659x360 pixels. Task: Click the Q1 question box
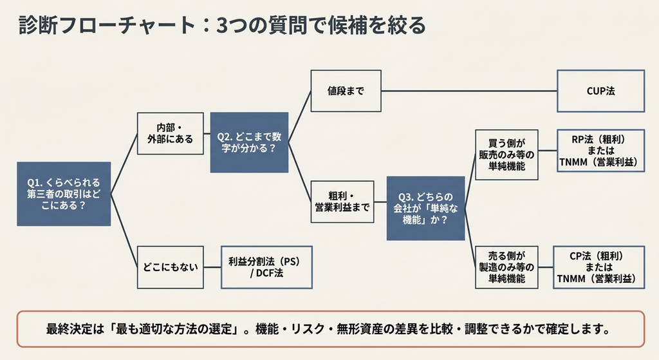[64, 194]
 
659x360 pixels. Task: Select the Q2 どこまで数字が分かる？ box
[249, 142]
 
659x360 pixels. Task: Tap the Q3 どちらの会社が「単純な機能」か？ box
[426, 208]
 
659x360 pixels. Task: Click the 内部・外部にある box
[170, 133]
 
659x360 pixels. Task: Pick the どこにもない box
[170, 267]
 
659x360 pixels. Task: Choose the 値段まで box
[346, 91]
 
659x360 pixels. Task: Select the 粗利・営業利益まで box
[342, 202]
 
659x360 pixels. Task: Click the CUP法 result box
[600, 91]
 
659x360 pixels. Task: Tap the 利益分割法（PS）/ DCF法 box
[266, 267]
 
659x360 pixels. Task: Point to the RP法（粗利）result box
[600, 151]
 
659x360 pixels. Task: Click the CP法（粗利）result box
[599, 267]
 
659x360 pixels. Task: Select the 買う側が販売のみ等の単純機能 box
[506, 155]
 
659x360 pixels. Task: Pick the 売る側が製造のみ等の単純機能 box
[506, 267]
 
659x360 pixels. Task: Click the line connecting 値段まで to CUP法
[469, 91]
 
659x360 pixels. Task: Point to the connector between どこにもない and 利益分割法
[212, 267]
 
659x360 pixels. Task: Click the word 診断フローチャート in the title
[107, 26]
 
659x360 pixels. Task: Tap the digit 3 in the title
[222, 26]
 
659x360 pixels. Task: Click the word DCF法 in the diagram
[270, 273]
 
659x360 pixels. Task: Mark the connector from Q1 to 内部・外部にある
[124, 164]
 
